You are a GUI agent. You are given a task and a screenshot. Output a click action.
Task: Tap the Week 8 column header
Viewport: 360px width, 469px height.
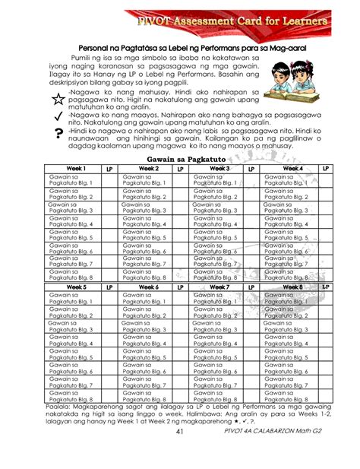[x=292, y=287]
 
